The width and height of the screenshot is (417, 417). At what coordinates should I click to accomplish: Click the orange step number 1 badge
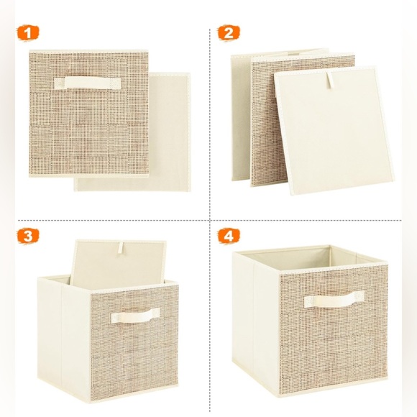pos(29,33)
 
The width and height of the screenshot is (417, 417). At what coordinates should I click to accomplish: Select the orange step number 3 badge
pos(29,235)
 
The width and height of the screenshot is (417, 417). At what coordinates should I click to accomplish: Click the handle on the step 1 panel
pos(88,83)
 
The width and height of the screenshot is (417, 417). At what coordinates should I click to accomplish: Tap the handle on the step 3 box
pos(135,315)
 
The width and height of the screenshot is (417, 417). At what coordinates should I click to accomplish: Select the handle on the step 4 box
pos(334,301)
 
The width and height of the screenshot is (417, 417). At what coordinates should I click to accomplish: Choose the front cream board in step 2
pos(334,137)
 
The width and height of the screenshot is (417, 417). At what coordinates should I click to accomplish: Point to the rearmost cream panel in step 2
pos(240,122)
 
